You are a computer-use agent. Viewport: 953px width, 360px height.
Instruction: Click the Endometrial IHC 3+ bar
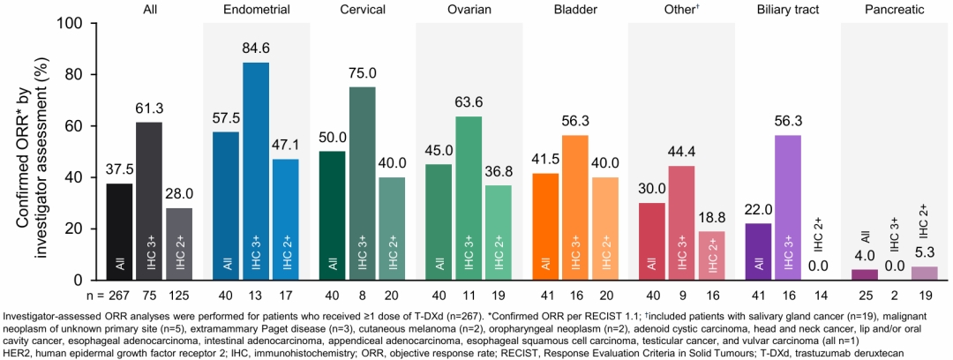(x=257, y=172)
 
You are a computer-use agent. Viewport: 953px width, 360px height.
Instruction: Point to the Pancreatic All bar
(x=865, y=274)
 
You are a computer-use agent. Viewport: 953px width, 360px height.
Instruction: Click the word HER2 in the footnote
(x=19, y=352)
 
